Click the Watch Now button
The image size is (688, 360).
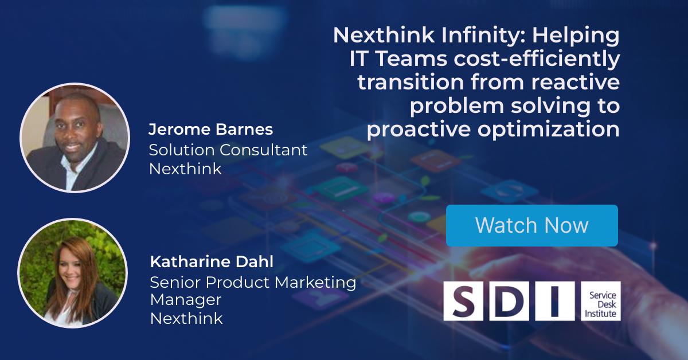tap(532, 225)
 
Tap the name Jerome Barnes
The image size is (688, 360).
tap(211, 130)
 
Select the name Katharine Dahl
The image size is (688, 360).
tap(212, 262)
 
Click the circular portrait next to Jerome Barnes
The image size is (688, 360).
tap(75, 138)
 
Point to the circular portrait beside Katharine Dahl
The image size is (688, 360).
tap(72, 273)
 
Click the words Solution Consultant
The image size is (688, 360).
tap(228, 150)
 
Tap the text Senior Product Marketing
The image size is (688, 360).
tap(253, 283)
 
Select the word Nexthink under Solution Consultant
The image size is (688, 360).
tap(185, 169)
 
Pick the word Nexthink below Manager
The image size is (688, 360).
tap(186, 318)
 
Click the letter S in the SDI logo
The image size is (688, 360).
tap(463, 301)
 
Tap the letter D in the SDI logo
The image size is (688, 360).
tap(509, 301)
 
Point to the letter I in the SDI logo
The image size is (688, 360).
tap(555, 301)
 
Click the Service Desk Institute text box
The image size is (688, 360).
tap(601, 301)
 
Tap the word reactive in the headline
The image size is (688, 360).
tap(576, 83)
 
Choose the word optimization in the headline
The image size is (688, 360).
tap(549, 130)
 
